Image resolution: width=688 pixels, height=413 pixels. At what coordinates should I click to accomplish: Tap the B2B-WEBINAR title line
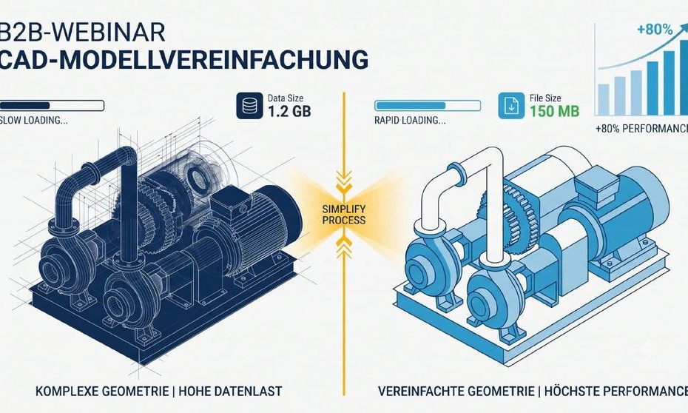83,32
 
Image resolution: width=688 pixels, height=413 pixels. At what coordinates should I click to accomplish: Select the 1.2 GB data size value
289,112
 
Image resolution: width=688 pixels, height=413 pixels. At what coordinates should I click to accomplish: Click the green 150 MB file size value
554,112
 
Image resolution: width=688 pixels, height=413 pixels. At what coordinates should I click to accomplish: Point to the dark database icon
249,105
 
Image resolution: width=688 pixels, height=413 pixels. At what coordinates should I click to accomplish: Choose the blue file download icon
511,105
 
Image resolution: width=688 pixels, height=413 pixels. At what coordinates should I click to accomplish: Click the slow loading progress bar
53,105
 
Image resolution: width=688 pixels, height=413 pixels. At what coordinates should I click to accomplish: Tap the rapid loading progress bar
428,105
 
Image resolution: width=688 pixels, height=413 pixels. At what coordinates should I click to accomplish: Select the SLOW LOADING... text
34,121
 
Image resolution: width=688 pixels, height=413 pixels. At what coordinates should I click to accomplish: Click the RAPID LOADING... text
410,121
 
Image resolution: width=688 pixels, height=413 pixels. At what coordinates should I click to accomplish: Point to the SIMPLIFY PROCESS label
343,215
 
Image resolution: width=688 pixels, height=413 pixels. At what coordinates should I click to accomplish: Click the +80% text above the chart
655,30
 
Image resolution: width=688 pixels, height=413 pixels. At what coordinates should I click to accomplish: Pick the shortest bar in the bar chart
604,100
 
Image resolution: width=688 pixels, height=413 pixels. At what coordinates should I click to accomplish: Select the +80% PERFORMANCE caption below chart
642,129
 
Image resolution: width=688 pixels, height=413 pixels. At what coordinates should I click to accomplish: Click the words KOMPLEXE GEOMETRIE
102,391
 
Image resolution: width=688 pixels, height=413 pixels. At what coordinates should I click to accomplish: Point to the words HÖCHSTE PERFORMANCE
616,391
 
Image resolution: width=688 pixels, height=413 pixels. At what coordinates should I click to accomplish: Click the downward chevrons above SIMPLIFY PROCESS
343,181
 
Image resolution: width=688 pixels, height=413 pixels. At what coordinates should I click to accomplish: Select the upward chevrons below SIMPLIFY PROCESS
343,246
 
